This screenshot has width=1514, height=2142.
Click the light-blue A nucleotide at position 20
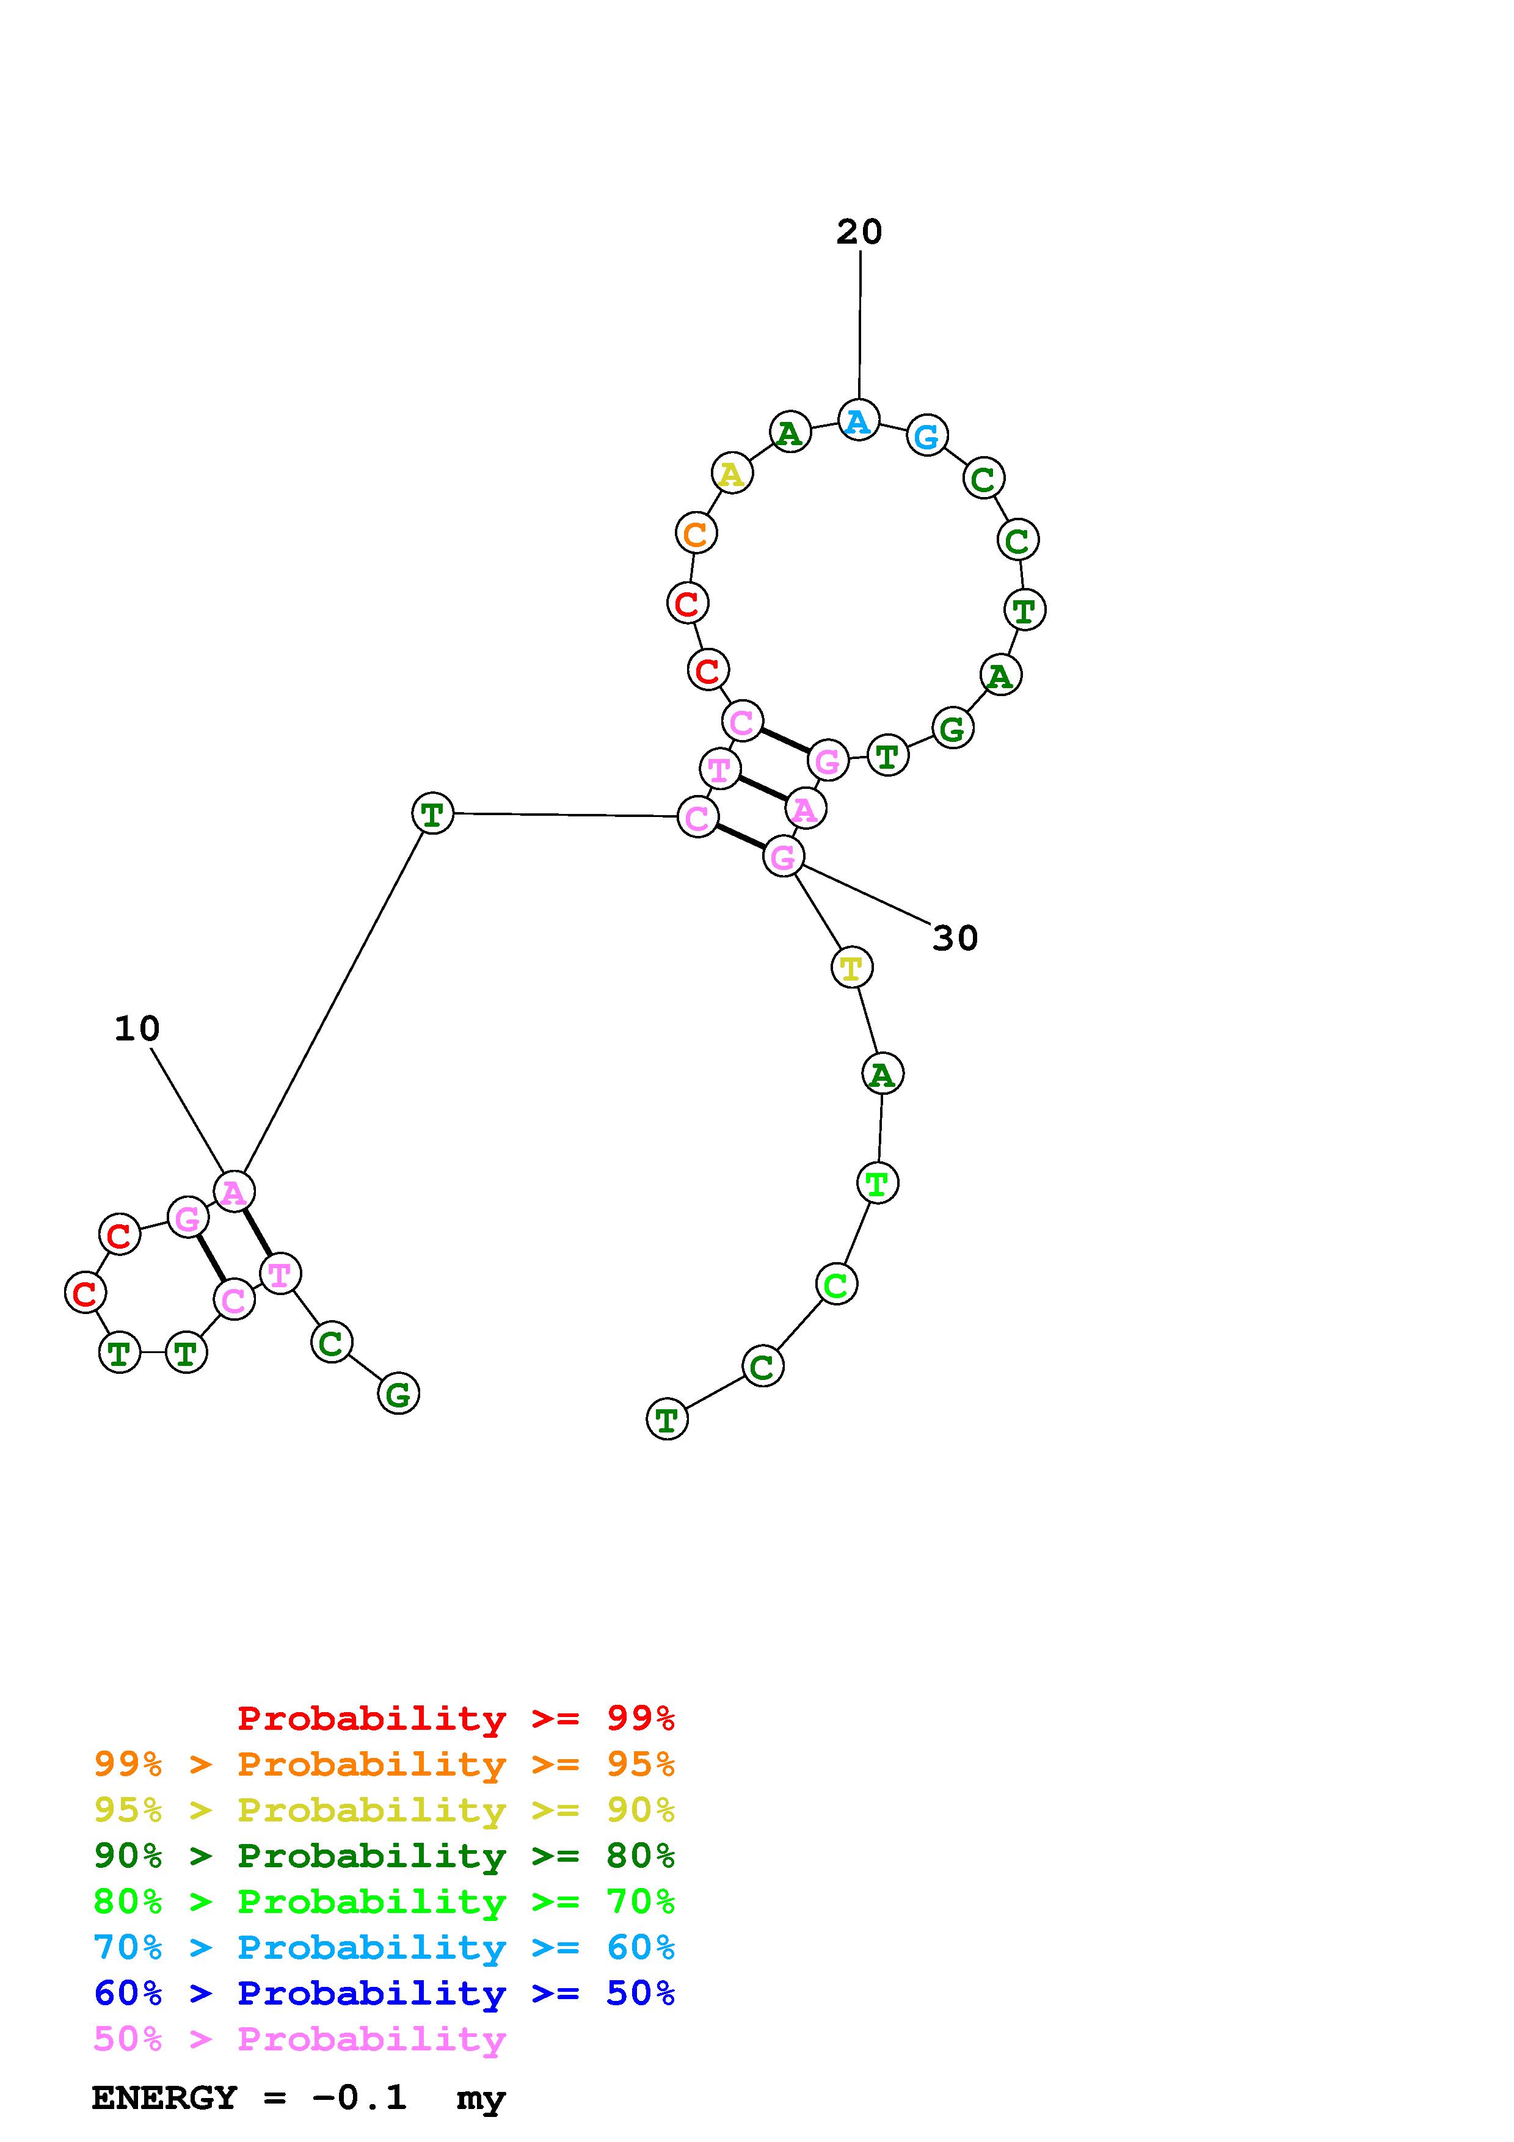click(857, 421)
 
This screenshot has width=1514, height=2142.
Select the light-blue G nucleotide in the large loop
click(926, 436)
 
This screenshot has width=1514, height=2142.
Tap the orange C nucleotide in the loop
click(695, 534)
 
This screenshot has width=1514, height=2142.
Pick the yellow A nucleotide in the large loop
click(732, 474)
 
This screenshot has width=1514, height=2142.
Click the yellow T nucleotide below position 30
click(851, 967)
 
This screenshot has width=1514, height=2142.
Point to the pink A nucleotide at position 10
click(233, 1191)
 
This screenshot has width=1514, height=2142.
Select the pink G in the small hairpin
click(187, 1218)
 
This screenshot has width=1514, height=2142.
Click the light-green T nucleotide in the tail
click(877, 1183)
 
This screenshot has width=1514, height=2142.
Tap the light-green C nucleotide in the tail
click(836, 1285)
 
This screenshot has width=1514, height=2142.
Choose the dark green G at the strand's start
click(398, 1394)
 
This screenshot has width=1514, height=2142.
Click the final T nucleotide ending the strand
click(666, 1420)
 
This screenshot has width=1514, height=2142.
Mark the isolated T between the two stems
click(432, 813)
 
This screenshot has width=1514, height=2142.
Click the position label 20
click(858, 232)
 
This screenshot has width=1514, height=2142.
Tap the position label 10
click(137, 1029)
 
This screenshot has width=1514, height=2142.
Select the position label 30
click(955, 938)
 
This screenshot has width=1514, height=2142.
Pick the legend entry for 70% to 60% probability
click(384, 1948)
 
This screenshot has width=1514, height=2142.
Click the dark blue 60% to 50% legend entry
click(384, 1994)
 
